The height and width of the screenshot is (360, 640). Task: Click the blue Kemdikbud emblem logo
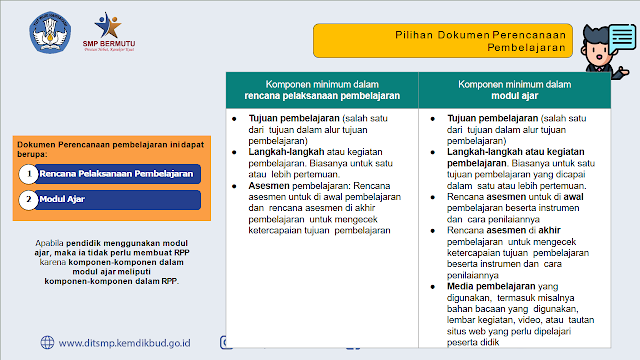[50, 32]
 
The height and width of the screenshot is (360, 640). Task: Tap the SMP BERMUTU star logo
[108, 25]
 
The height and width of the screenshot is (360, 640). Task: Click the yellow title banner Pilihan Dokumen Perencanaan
[443, 41]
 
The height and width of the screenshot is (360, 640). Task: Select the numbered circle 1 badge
[29, 174]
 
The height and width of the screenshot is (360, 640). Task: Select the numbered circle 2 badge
[29, 200]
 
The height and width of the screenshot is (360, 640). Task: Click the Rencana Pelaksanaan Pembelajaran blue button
[116, 174]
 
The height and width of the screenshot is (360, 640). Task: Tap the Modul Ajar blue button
[116, 200]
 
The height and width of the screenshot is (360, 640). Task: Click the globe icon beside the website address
[47, 342]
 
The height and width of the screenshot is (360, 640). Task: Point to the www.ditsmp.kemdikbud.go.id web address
[124, 343]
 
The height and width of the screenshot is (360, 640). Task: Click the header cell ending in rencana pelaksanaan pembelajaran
[322, 90]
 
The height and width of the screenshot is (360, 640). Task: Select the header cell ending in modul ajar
[515, 90]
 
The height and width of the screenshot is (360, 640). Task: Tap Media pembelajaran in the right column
[491, 287]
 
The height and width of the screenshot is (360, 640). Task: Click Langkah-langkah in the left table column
[286, 152]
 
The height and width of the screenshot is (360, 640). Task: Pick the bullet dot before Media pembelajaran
[433, 287]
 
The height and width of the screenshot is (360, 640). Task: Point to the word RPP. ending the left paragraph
[170, 281]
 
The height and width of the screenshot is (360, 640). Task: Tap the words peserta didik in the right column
[473, 342]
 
